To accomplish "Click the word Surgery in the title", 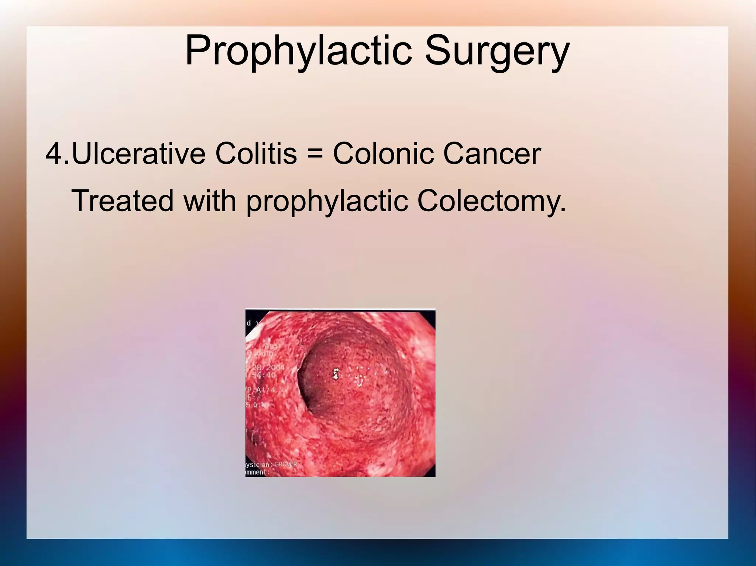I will [x=496, y=50].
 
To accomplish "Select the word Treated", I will [x=122, y=201].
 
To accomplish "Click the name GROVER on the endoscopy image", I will [x=285, y=464].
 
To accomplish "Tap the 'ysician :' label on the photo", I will [x=259, y=465].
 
